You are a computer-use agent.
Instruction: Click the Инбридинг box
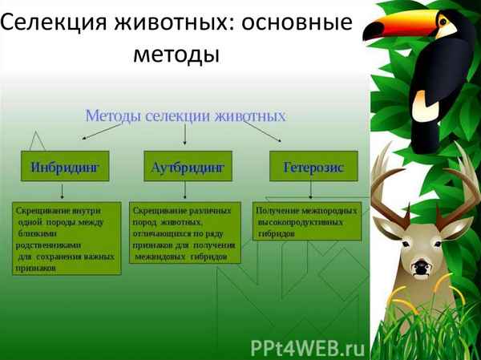[x=64, y=168]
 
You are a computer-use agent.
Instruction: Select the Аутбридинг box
[x=186, y=168]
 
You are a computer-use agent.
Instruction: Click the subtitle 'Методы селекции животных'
[x=185, y=115]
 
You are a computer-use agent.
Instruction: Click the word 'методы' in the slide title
[x=176, y=55]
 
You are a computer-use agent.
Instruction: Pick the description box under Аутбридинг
[x=185, y=233]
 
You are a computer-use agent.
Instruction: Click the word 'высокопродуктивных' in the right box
[x=307, y=221]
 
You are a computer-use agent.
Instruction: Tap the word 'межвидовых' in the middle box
[x=160, y=257]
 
